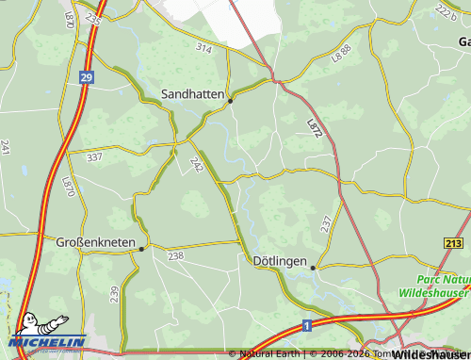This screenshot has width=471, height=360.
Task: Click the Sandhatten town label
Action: (194, 94)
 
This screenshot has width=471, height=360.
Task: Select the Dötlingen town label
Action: (281, 259)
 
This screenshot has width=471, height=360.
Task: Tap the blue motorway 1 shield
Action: (307, 325)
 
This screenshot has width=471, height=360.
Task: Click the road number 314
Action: (203, 47)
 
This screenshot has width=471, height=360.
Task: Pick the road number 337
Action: (93, 157)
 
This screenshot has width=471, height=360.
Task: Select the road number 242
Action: (197, 165)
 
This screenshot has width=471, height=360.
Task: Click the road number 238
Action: (175, 255)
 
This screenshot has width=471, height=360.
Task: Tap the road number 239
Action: (114, 294)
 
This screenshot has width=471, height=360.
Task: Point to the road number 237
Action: (326, 223)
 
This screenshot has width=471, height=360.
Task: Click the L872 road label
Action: (315, 129)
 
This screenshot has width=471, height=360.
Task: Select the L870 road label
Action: (68, 186)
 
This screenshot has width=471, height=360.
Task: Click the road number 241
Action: (6, 147)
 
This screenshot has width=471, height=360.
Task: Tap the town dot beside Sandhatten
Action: (231, 101)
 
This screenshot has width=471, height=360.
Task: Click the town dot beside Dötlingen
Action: (314, 268)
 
